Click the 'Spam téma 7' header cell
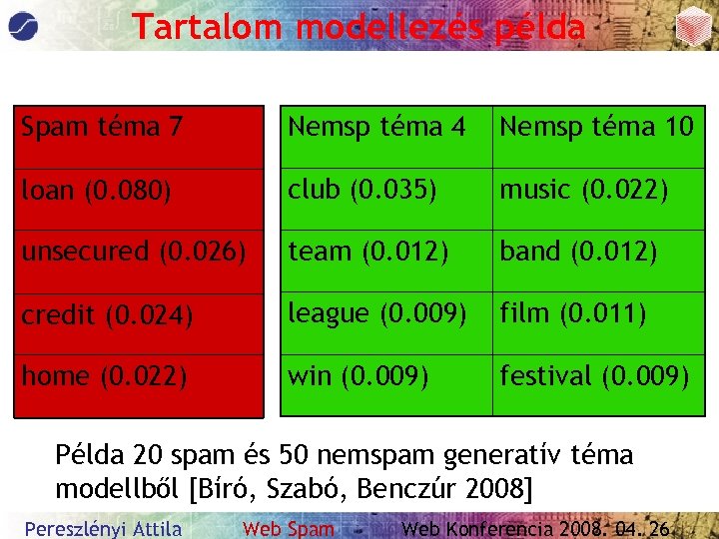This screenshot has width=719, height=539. pyautogui.click(x=139, y=138)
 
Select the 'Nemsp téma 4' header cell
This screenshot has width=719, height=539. pyautogui.click(x=385, y=138)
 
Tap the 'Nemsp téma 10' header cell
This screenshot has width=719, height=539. pyautogui.click(x=598, y=138)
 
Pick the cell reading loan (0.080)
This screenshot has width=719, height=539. pyautogui.click(x=139, y=200)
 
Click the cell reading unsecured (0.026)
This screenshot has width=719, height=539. pyautogui.click(x=139, y=262)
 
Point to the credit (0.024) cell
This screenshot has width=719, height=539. pyautogui.click(x=139, y=323)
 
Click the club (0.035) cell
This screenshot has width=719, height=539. pyautogui.click(x=385, y=200)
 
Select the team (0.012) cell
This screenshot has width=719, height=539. pyautogui.click(x=385, y=262)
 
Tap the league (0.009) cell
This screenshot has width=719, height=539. pyautogui.click(x=385, y=323)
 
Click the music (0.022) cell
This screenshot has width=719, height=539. pyautogui.click(x=598, y=200)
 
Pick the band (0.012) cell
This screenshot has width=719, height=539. pyautogui.click(x=598, y=262)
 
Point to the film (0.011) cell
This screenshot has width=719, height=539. pyautogui.click(x=598, y=323)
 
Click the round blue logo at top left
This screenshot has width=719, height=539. pyautogui.click(x=26, y=25)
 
